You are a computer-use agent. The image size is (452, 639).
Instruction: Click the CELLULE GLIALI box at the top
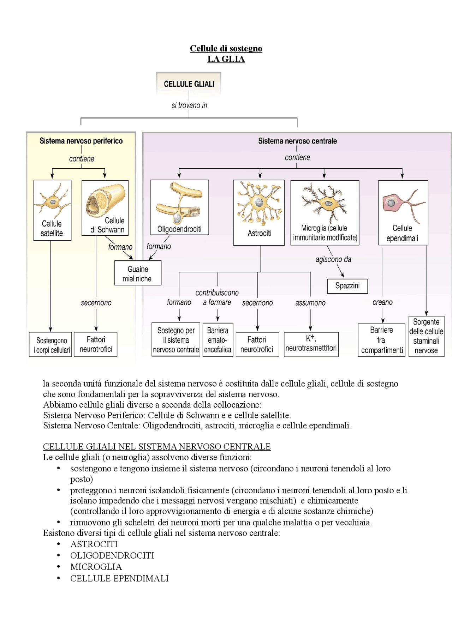point(189,84)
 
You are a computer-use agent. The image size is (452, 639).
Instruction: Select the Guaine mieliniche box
point(138,273)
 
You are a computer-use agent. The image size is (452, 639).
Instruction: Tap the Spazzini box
point(347,286)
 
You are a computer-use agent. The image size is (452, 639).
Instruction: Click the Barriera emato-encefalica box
point(218,340)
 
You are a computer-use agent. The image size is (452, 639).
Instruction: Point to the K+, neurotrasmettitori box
point(311,344)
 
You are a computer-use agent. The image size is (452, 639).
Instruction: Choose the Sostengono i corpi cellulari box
point(51,345)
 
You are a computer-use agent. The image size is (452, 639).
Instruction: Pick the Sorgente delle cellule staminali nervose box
point(426,336)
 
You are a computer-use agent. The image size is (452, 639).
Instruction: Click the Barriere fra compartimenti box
point(381,340)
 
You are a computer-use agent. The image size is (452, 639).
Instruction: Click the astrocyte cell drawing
point(259,204)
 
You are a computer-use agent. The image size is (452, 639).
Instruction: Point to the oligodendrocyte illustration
point(179,203)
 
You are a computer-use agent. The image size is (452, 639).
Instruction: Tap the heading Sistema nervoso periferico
point(81,141)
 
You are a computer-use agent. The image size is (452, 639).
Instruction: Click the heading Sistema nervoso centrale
point(297,141)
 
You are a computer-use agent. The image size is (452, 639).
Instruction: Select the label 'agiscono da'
point(333,259)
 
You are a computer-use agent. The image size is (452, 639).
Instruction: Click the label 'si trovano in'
point(189,105)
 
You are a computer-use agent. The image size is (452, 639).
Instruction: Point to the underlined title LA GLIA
point(226,59)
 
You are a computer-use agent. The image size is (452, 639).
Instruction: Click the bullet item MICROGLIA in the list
point(96,567)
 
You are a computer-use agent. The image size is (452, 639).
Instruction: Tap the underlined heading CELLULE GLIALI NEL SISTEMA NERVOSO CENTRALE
point(157,446)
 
